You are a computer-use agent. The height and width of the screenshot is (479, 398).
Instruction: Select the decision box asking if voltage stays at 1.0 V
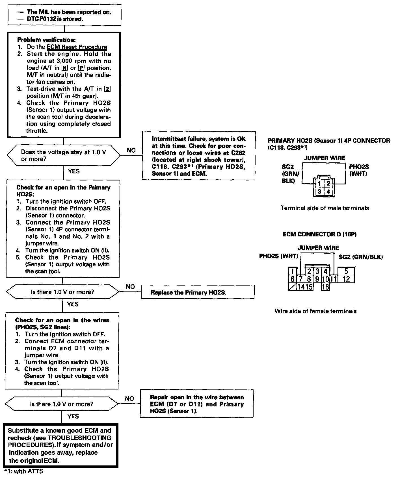[63, 155]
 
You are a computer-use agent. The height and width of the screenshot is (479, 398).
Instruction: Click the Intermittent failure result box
[198, 156]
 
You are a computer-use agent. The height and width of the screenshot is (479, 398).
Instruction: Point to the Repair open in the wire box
[196, 404]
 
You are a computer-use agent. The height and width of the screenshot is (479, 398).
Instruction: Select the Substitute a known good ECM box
[60, 445]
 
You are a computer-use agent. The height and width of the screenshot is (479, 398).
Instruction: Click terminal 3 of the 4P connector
[319, 191]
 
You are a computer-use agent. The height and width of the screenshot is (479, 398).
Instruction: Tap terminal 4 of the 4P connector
[328, 191]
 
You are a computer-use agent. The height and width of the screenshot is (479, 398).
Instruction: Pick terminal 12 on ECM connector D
[346, 279]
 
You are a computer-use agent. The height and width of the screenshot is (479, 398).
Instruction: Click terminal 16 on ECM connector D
[326, 287]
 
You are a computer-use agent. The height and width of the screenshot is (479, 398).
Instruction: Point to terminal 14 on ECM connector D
[301, 287]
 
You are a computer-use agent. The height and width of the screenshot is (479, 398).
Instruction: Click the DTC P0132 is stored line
[55, 19]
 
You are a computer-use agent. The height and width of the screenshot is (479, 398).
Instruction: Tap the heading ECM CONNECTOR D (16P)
[319, 234]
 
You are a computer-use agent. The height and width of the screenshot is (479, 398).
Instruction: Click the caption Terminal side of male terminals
[325, 208]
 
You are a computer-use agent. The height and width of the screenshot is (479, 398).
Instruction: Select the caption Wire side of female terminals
[315, 311]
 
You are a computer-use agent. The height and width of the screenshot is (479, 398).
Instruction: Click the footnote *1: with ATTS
[24, 471]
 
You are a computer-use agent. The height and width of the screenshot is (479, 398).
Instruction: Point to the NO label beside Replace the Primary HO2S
[130, 287]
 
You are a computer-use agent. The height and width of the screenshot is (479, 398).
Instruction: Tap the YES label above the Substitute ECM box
[73, 416]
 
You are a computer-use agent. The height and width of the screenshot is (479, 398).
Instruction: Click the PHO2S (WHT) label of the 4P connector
[359, 170]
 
